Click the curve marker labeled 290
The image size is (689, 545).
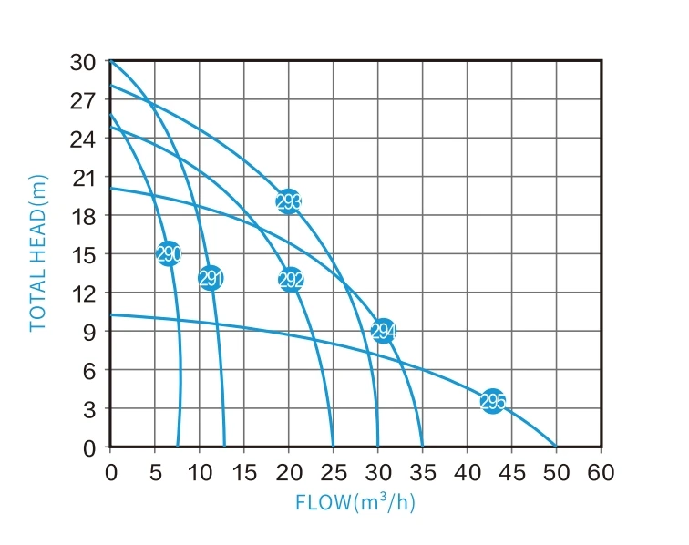pos(168,254)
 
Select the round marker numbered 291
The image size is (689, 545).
pos(211,278)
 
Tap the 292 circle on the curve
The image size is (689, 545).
pos(291,280)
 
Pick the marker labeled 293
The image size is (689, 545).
pos(289,202)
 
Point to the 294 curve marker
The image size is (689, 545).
pos(384,331)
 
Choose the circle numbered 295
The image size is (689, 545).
pos(492,401)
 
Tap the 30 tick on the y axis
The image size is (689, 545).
pos(83,62)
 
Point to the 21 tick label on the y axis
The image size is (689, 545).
pos(83,178)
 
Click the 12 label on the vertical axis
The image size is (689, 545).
pos(83,293)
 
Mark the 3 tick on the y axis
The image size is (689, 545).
pos(89,409)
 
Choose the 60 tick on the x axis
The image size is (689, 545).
pos(601,472)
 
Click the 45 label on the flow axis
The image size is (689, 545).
pos(511,472)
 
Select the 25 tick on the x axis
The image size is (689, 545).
pos(333,472)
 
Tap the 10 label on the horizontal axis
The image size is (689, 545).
pos(199,472)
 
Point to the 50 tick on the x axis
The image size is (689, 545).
pos(556,472)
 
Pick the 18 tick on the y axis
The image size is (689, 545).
pos(83,216)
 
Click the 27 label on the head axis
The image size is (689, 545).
pos(83,100)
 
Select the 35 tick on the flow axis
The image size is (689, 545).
pos(422,472)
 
